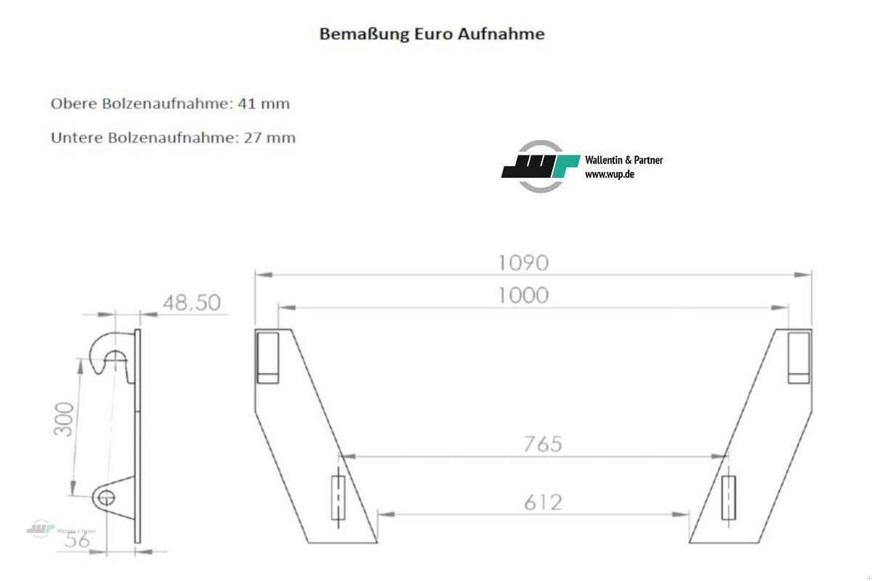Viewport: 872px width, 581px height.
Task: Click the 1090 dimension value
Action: (523, 262)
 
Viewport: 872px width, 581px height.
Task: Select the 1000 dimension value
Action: (523, 296)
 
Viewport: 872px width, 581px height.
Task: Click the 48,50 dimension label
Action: (192, 302)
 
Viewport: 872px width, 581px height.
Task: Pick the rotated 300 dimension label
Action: (64, 419)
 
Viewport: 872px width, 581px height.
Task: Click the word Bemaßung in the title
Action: (355, 33)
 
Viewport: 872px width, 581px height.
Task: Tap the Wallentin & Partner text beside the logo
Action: (623, 161)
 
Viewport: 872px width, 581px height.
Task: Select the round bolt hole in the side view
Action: (106, 497)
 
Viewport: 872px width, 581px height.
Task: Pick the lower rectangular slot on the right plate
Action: (728, 497)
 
